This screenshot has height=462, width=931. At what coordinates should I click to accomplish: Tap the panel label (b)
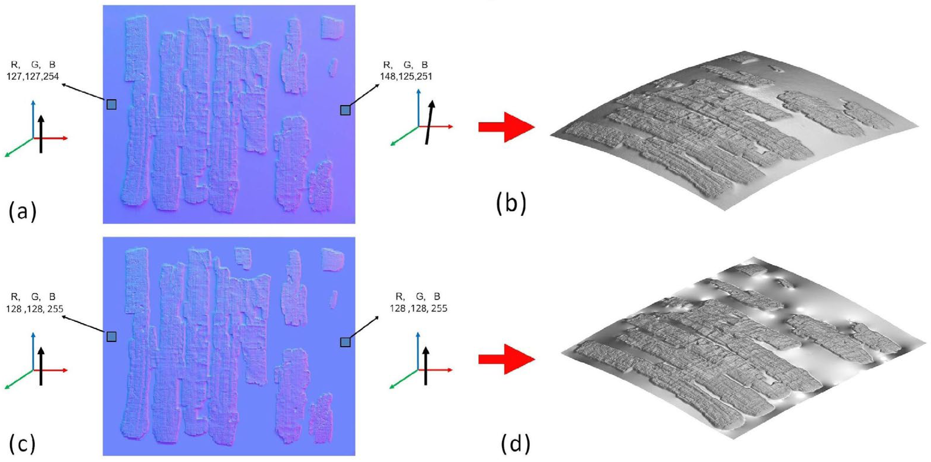pos(511,205)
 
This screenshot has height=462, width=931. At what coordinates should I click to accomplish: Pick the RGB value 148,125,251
pos(406,76)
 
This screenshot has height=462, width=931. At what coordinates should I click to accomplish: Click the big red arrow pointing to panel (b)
pos(506,127)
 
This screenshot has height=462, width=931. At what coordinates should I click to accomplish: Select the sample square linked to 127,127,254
pos(111,104)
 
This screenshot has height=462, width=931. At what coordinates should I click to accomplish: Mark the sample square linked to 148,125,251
pos(345,110)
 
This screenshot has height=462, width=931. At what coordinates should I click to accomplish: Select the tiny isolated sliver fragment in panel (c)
pos(333,299)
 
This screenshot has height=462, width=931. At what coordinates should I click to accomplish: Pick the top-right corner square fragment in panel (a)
pos(332,27)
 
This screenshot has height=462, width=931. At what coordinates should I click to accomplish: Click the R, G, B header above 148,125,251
pos(405,65)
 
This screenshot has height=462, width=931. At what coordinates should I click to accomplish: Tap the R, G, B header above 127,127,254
pos(33,65)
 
